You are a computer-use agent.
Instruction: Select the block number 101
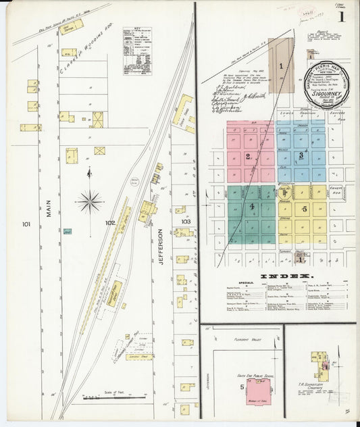26,224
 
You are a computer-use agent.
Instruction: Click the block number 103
186,220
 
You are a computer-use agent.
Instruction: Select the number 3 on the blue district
301,155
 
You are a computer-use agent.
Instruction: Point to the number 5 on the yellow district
305,208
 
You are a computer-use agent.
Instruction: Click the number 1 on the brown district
280,66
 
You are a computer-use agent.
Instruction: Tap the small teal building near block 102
68,231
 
